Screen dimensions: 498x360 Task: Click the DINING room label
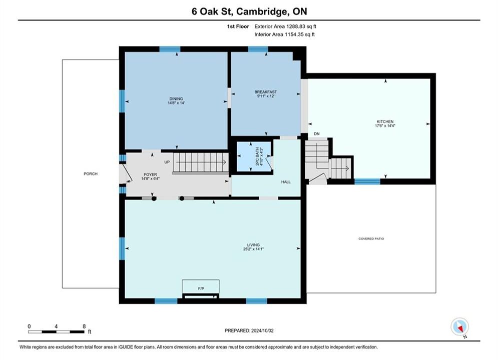pos(176,98)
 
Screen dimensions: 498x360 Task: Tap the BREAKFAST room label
pos(265,92)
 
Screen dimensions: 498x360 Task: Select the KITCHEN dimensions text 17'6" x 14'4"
pos(385,126)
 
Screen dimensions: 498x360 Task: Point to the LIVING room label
pos(253,245)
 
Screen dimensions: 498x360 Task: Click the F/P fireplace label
pos(201,288)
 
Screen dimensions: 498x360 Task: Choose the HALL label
pos(286,182)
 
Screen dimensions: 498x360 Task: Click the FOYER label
pos(150,174)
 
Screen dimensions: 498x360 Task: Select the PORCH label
pos(91,174)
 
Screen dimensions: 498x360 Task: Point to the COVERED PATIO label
pos(371,238)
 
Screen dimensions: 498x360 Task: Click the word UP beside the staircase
pos(167,162)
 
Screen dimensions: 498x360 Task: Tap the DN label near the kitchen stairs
pos(317,134)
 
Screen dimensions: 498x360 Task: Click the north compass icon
pos(459,326)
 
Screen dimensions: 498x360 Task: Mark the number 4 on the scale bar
pos(56,326)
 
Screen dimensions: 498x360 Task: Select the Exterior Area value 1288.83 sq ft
pos(301,26)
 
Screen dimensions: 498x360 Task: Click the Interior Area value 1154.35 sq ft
pos(299,34)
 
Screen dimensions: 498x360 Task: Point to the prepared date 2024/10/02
pos(262,330)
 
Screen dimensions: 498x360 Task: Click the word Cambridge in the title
pos(261,11)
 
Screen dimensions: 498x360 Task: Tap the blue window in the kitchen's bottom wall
pos(367,181)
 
